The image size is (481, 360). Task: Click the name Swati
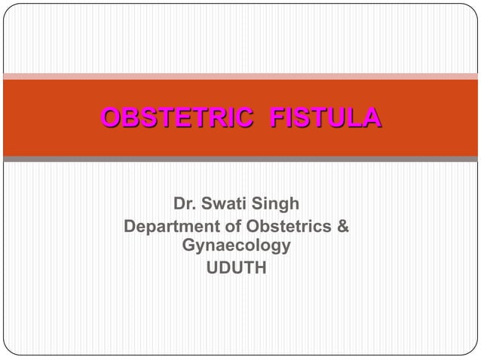[x=228, y=205]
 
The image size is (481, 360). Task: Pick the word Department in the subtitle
[x=168, y=226]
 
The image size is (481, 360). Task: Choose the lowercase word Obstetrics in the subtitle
[x=284, y=226]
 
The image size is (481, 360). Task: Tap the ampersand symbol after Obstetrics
[x=342, y=226]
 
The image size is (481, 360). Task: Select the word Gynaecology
[x=236, y=246]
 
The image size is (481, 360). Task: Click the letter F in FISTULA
[x=277, y=118]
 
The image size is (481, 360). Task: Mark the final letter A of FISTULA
[x=371, y=118]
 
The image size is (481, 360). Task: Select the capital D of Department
[x=130, y=226]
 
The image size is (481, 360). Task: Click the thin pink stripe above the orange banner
[x=240, y=76]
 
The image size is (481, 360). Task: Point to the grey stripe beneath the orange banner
[x=240, y=160]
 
